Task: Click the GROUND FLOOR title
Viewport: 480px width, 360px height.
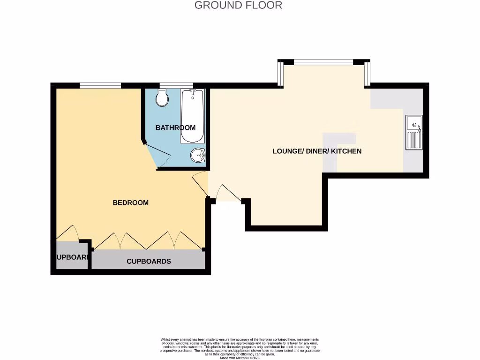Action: point(238,6)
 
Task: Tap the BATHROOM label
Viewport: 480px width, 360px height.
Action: point(175,127)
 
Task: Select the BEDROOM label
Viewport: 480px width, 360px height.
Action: point(130,202)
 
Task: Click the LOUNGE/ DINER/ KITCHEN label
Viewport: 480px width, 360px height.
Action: point(317,151)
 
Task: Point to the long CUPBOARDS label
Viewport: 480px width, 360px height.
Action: point(149,261)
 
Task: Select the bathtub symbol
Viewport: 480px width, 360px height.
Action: point(192,116)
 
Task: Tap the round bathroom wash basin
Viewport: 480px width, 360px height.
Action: point(198,155)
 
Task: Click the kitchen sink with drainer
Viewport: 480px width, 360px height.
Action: point(413,132)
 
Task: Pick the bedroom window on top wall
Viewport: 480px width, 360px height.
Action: point(100,85)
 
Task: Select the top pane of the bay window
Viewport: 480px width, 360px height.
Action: point(323,61)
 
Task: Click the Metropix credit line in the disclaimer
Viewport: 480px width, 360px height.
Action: point(239,358)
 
